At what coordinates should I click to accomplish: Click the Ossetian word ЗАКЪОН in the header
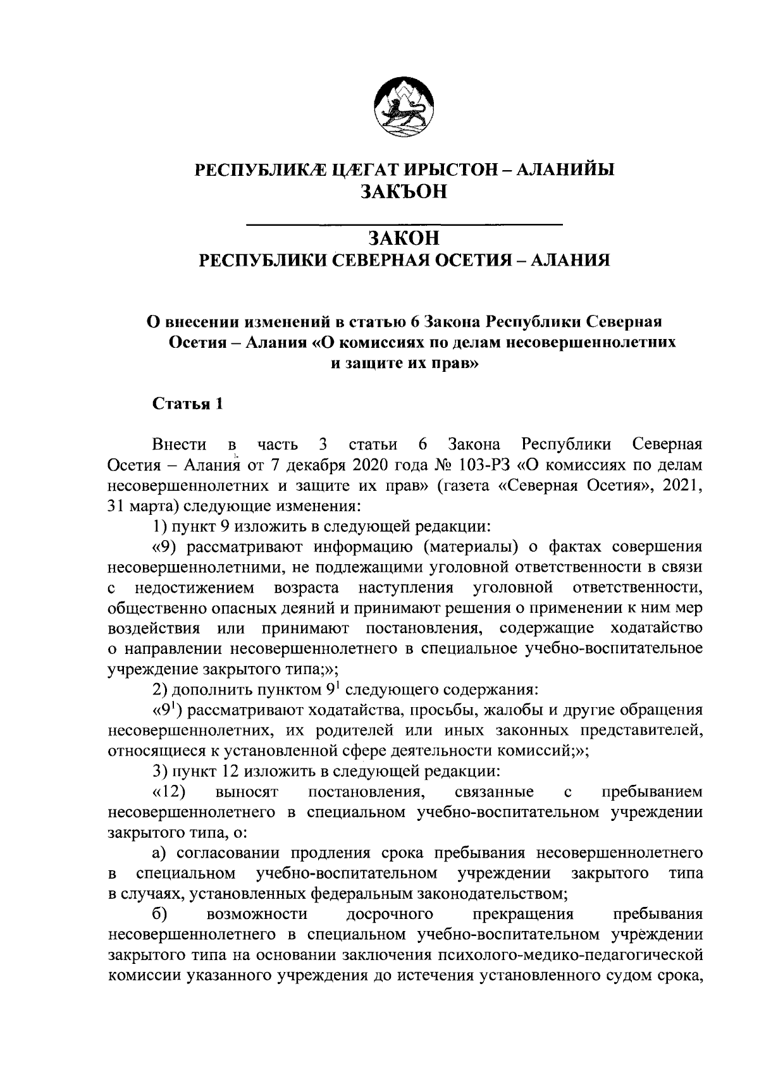pos(404,192)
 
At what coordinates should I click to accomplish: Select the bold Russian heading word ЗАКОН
pos(404,238)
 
